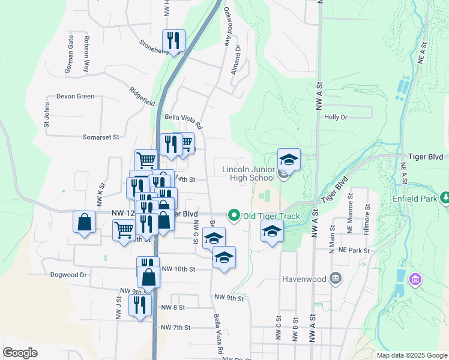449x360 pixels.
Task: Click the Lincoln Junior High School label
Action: (248, 173)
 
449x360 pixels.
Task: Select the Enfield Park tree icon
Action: (445, 197)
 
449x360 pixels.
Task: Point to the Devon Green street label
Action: (75, 96)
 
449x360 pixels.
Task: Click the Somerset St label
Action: (101, 137)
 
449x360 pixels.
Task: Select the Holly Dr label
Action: (336, 118)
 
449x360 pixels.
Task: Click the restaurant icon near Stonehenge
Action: (173, 41)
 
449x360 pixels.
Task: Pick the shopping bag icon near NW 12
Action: (85, 221)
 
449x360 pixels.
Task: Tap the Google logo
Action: (20, 353)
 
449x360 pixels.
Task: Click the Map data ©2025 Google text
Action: (411, 355)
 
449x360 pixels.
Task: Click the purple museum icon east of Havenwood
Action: (415, 279)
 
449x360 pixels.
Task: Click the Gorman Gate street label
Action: (70, 55)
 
